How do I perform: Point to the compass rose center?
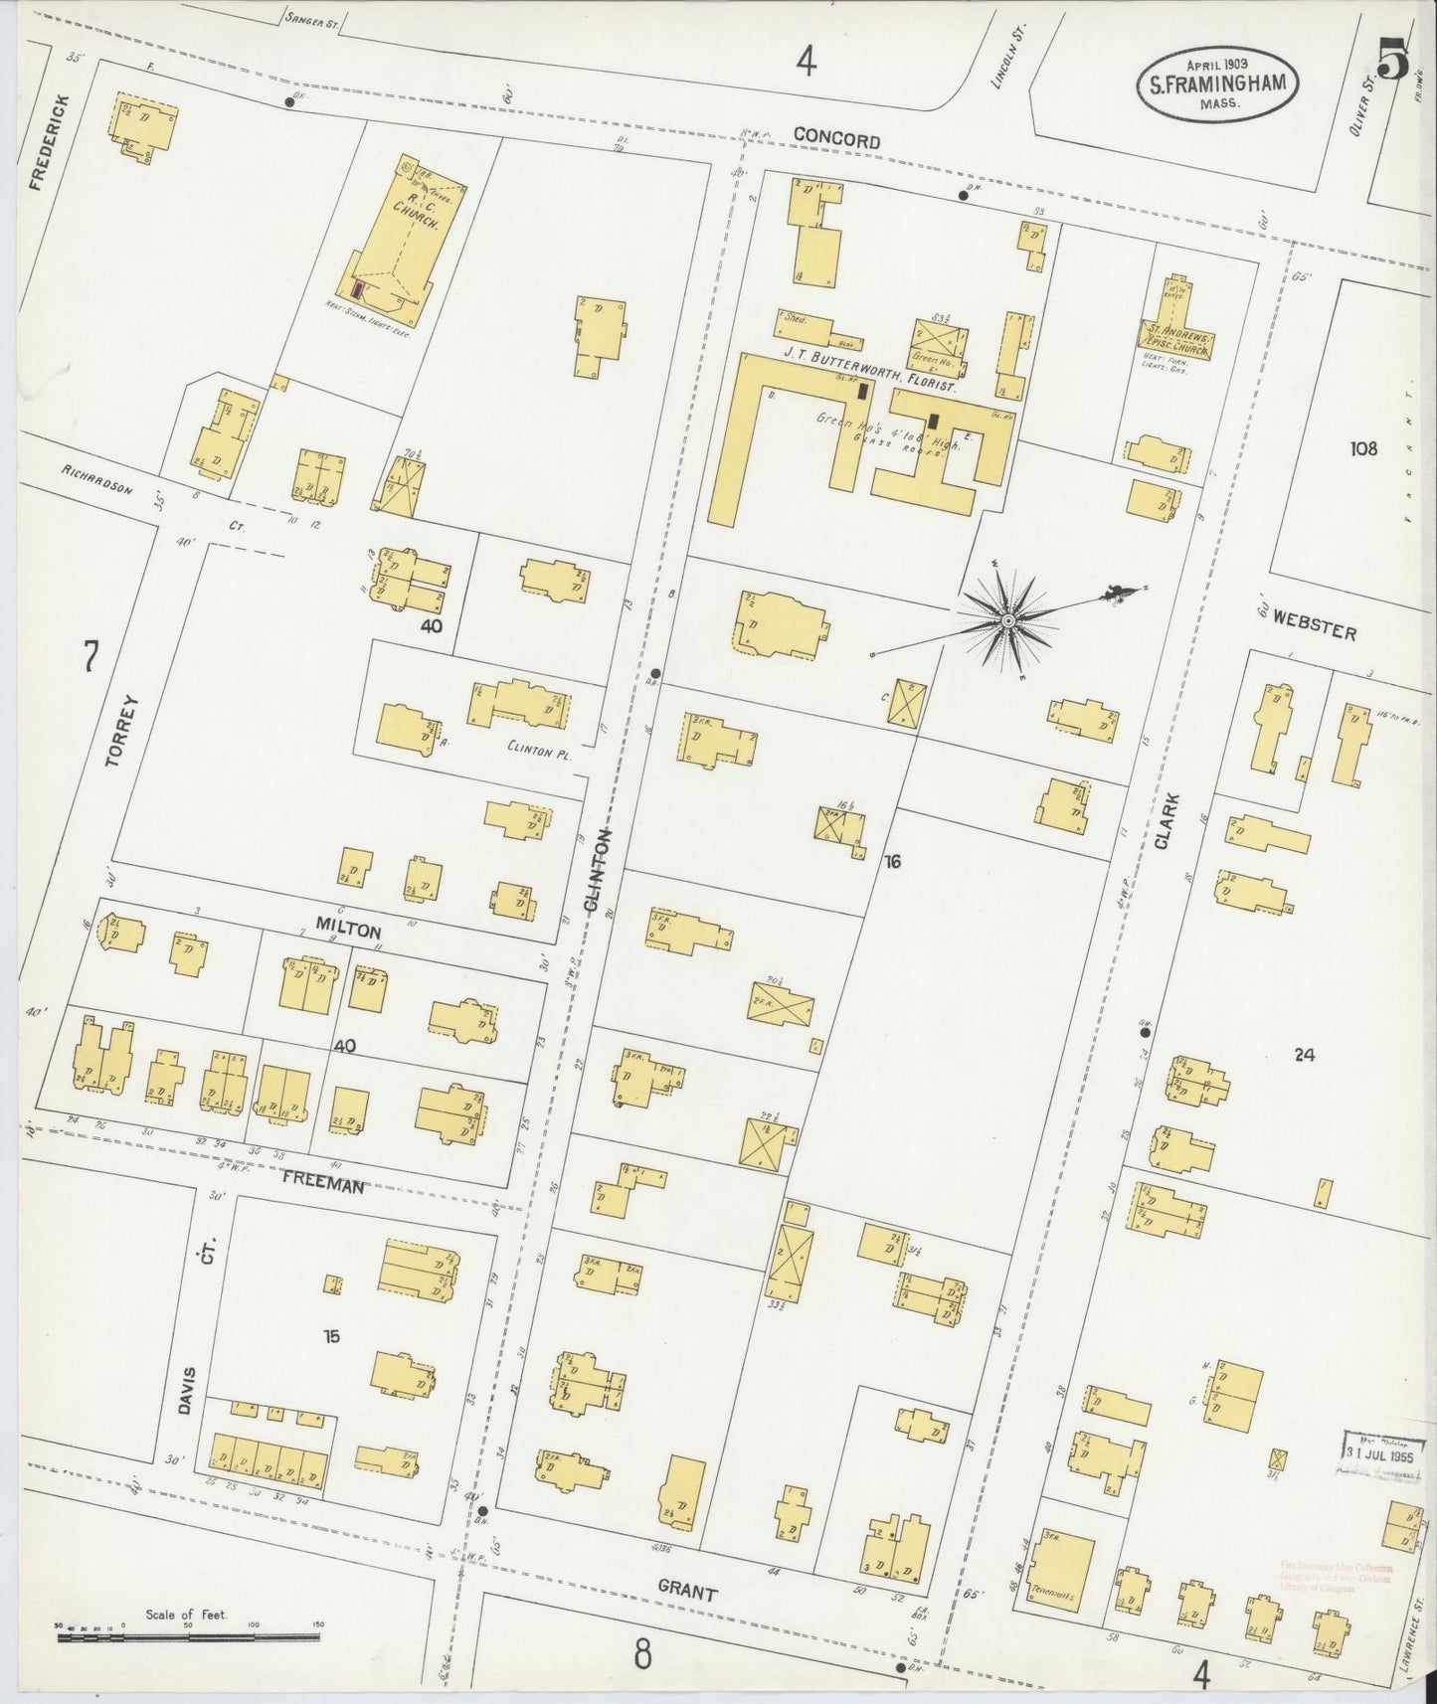click(x=1007, y=620)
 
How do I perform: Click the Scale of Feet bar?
click(x=189, y=1631)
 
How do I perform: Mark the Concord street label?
click(x=836, y=140)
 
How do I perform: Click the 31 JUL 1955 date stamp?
click(x=1378, y=1453)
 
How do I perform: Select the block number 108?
click(x=1363, y=448)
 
